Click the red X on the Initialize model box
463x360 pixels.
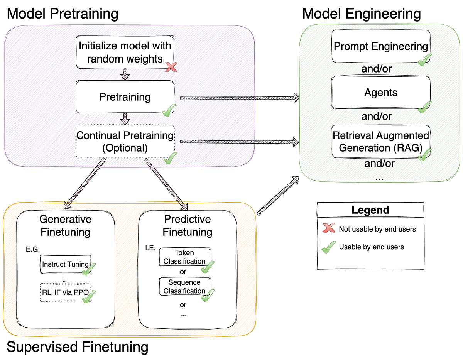tap(171, 67)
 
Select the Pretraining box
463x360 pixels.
tap(125, 97)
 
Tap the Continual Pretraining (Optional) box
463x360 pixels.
tap(125, 141)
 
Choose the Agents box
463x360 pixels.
tap(380, 93)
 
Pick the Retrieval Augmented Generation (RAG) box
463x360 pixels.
tap(380, 142)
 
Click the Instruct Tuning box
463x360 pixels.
tap(65, 264)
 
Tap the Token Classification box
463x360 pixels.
tap(184, 257)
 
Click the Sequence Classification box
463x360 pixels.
tap(184, 287)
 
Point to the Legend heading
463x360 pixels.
tap(370, 210)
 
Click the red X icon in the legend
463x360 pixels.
tap(328, 229)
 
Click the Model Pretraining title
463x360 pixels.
tap(63, 14)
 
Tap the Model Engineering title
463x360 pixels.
tap(361, 14)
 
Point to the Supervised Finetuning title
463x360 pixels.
tap(77, 347)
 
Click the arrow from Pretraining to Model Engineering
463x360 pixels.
tap(239, 98)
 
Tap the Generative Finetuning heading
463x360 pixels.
tap(65, 226)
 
